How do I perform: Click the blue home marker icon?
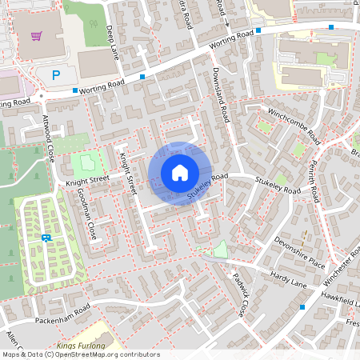[x=180, y=173]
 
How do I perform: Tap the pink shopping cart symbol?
[x=36, y=35]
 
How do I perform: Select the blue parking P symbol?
[x=55, y=75]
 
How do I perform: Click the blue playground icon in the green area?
[x=46, y=238]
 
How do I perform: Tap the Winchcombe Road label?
[x=294, y=121]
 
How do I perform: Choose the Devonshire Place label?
[x=299, y=250]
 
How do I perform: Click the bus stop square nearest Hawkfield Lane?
[x=302, y=306]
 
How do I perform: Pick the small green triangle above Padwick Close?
[x=220, y=250]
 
